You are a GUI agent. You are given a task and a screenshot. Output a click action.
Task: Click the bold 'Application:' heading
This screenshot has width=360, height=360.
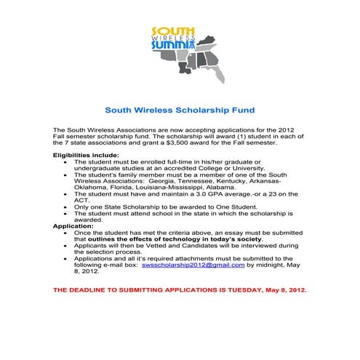pos(73,226)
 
